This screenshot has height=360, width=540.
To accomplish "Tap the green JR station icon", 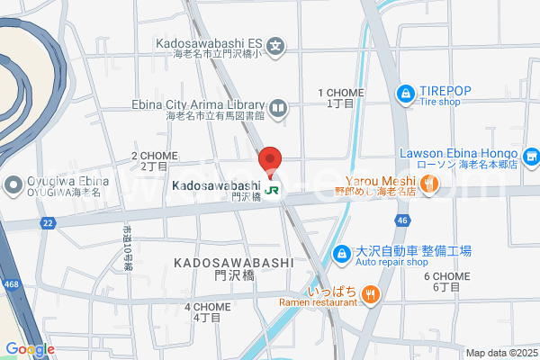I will point(272,190).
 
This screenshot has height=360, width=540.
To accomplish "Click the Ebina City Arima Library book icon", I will point(278,110).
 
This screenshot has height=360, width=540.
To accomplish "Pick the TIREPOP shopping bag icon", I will point(407,92).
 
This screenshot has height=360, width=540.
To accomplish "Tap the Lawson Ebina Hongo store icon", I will point(532,158).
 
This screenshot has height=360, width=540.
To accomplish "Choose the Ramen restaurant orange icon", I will point(371,294).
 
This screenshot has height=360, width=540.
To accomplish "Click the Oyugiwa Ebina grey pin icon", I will point(13,186).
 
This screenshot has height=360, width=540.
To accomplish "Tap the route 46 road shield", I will point(401,219).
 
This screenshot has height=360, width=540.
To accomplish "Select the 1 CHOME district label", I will point(340,98).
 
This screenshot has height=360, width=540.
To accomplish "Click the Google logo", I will point(30,349).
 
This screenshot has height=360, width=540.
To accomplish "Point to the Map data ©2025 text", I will point(499,353).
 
